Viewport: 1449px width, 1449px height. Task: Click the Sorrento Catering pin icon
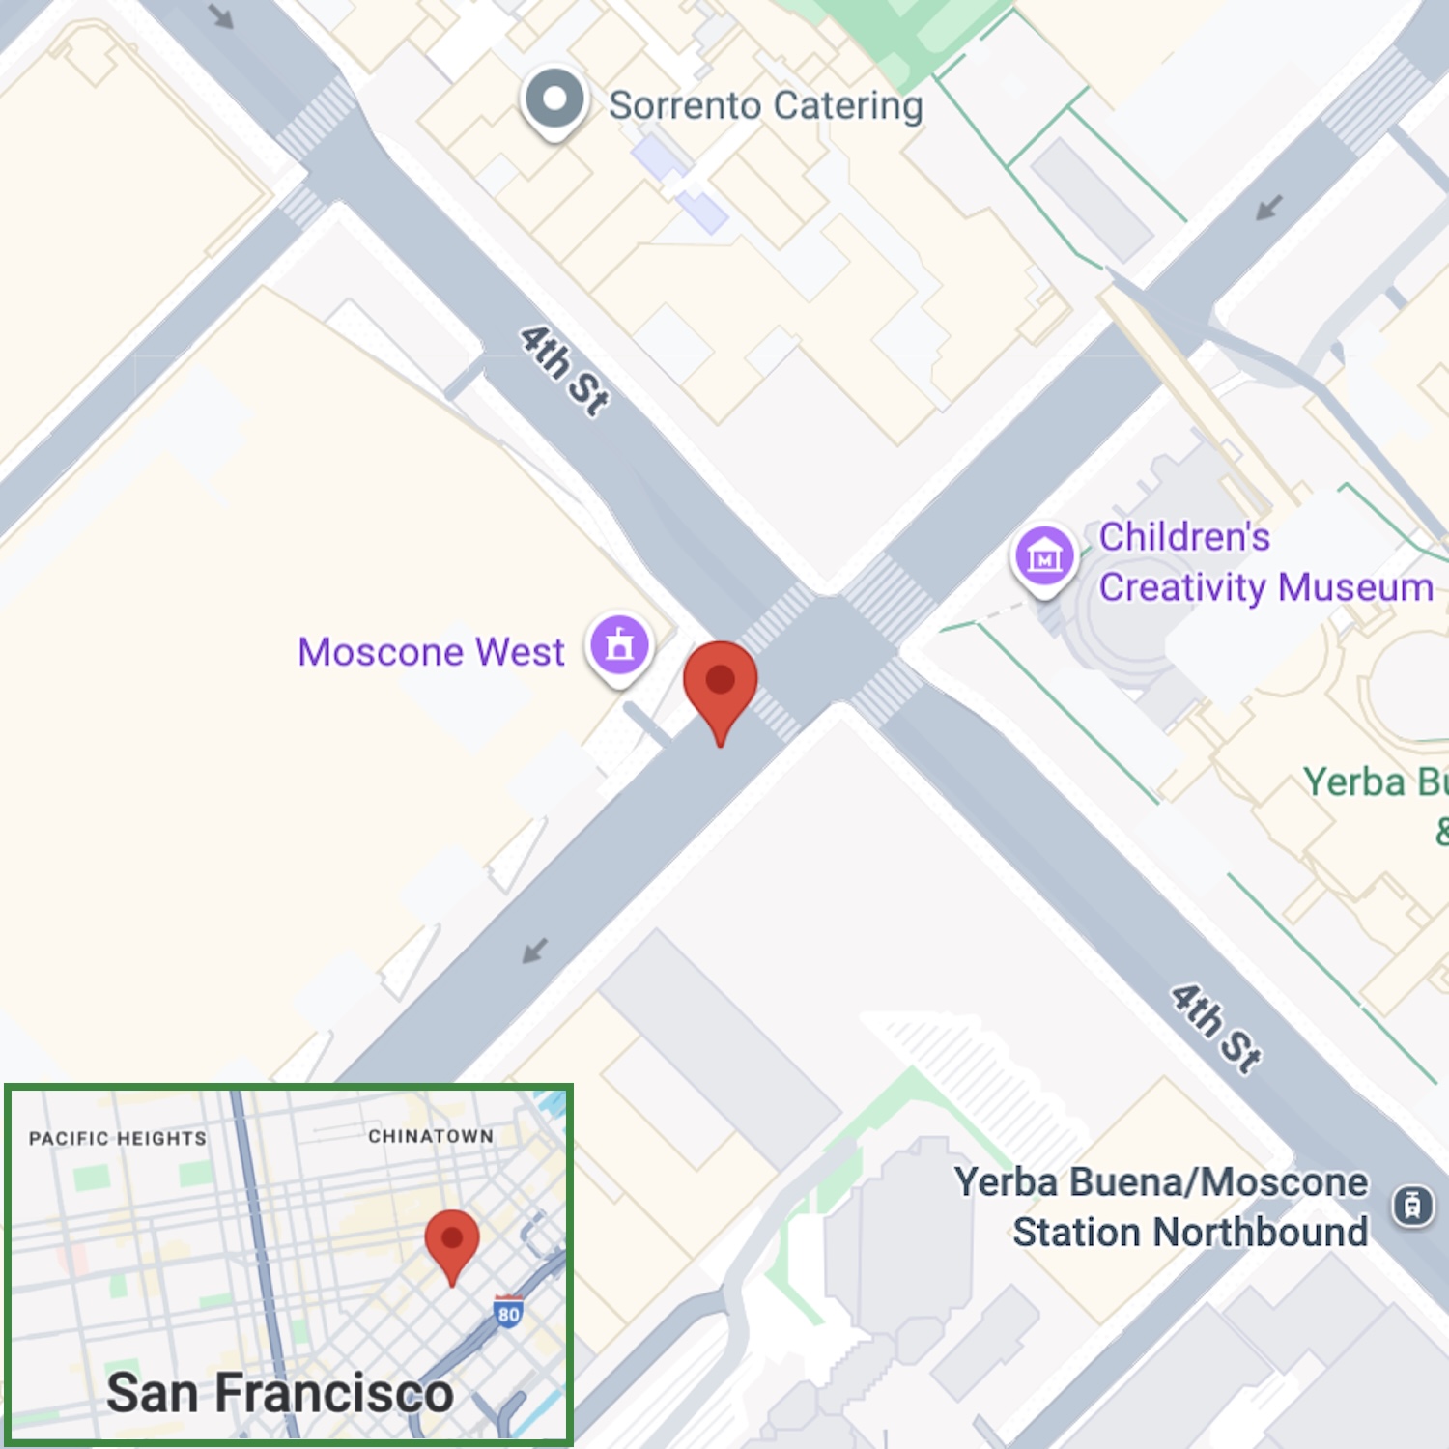pyautogui.click(x=554, y=100)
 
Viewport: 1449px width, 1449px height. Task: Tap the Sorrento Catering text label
pyautogui.click(x=765, y=105)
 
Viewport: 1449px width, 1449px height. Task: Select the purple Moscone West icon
pyautogui.click(x=619, y=644)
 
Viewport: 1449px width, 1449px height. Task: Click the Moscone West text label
pyautogui.click(x=431, y=652)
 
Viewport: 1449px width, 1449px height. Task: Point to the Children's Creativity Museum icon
pyautogui.click(x=1044, y=557)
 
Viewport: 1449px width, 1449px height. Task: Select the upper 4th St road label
pyautogui.click(x=564, y=369)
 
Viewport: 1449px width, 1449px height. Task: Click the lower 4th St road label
pyautogui.click(x=1215, y=1027)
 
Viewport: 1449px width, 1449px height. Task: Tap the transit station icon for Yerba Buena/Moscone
pyautogui.click(x=1412, y=1206)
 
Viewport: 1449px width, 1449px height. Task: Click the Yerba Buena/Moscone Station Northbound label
pyautogui.click(x=1161, y=1207)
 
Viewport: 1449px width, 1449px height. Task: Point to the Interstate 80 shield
pyautogui.click(x=509, y=1311)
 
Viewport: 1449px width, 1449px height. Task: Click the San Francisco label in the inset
pyautogui.click(x=279, y=1392)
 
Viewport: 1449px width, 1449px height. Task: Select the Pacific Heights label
pyautogui.click(x=118, y=1138)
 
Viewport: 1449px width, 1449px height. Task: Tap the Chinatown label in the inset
pyautogui.click(x=431, y=1136)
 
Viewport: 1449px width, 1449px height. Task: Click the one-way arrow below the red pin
pyautogui.click(x=534, y=951)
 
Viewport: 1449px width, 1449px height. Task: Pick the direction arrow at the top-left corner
pyautogui.click(x=221, y=16)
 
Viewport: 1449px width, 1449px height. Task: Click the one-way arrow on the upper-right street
pyautogui.click(x=1269, y=207)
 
